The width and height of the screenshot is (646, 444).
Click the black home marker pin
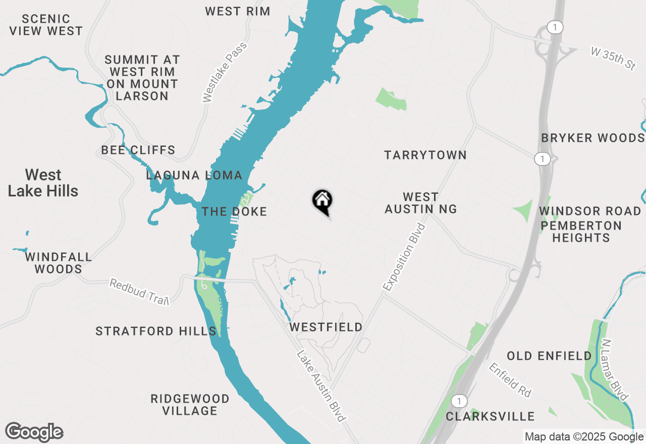point(322,201)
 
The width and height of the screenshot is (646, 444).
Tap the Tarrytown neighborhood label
point(425,155)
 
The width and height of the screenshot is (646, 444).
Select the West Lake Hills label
point(43,183)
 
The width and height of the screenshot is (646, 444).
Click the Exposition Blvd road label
point(405,257)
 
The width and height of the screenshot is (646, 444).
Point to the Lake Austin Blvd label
point(321,386)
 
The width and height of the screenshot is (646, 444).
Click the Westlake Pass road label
point(225,72)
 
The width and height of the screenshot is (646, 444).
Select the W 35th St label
point(613,59)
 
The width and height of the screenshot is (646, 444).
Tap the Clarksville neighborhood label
point(490,416)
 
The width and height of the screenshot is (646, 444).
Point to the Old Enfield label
point(549,356)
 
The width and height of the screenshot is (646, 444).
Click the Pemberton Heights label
point(581,232)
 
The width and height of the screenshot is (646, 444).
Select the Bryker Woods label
point(593,138)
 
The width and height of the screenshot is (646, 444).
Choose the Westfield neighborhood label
point(326,327)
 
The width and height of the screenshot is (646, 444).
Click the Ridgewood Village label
point(190,405)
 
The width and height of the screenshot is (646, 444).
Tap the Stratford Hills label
point(156,331)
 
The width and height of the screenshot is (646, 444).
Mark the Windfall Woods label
point(59,263)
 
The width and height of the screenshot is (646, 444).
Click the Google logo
point(34,432)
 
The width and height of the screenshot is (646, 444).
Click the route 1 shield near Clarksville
point(458,401)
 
